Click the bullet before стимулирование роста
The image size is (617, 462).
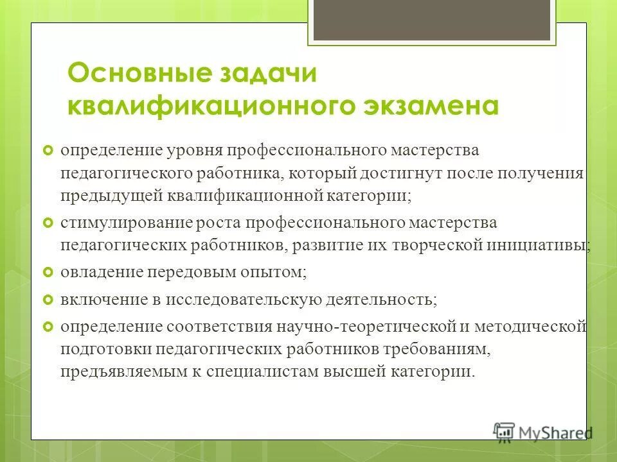click(x=46, y=223)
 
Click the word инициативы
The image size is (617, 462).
click(x=544, y=245)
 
